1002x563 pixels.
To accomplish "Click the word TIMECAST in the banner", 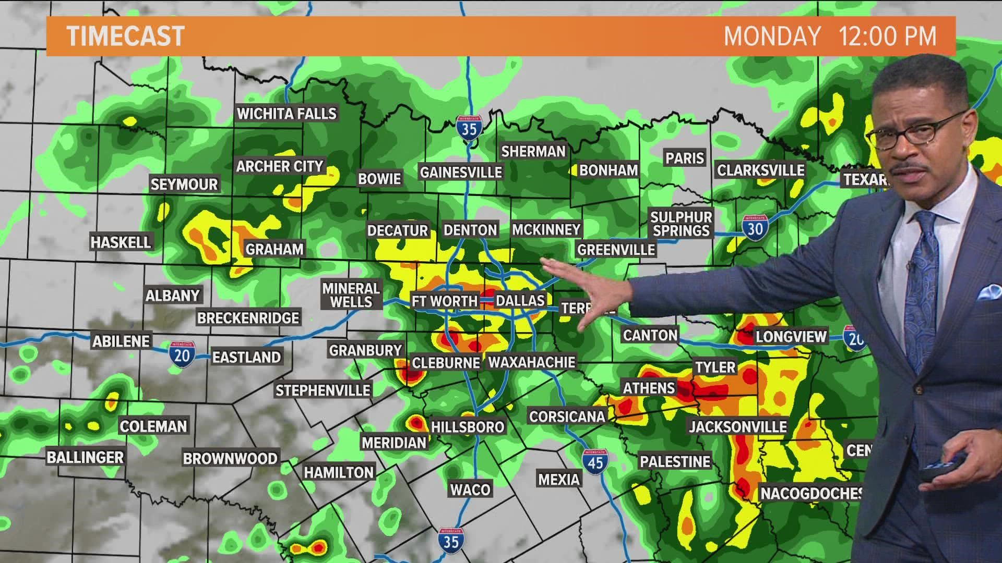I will (x=126, y=36).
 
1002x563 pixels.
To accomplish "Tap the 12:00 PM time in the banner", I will (x=887, y=36).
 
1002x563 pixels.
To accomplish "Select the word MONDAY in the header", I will (x=772, y=36).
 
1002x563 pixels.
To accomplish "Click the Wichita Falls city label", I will (x=287, y=114).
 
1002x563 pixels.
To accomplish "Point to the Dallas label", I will (x=520, y=300).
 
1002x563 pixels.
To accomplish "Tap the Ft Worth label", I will (x=445, y=301).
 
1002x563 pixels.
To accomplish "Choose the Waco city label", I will (x=470, y=489).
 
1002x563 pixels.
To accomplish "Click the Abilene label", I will (x=122, y=341).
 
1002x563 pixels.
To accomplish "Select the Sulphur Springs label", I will (x=681, y=224).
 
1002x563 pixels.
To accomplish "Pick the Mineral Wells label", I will (x=351, y=295).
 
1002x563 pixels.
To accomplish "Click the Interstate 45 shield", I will (x=595, y=461).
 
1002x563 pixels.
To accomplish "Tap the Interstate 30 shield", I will (x=755, y=228).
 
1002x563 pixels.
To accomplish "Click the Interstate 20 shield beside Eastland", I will (x=182, y=355).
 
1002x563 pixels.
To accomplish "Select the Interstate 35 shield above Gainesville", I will (x=469, y=128).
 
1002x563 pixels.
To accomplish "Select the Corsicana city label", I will (x=567, y=416).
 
